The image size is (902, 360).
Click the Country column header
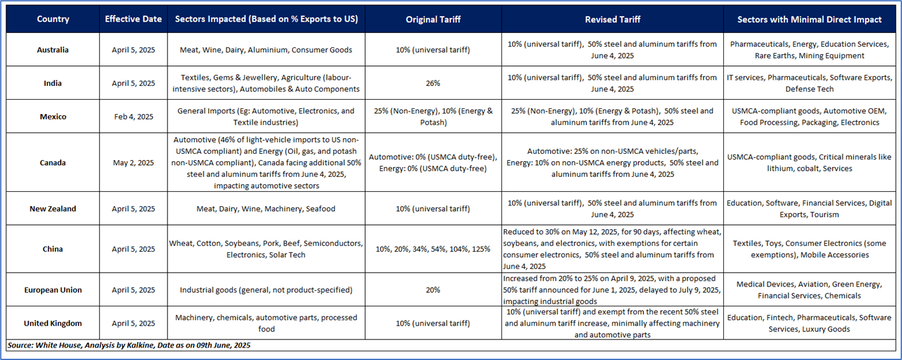click(53, 19)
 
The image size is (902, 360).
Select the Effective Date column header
click(133, 19)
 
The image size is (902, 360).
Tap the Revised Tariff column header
click(612, 19)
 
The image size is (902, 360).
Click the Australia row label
click(53, 50)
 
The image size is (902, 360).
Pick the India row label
click(53, 83)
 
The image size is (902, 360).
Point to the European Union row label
click(53, 290)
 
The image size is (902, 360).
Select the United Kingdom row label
click(53, 323)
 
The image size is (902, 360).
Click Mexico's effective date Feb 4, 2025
click(133, 116)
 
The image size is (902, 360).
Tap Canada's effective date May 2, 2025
click(133, 163)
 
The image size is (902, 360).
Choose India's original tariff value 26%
click(433, 83)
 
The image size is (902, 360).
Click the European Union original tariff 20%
click(433, 290)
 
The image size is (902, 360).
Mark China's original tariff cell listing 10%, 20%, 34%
click(433, 249)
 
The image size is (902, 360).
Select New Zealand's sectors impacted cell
click(266, 209)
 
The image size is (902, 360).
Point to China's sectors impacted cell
click(266, 249)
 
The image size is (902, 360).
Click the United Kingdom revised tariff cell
click(612, 323)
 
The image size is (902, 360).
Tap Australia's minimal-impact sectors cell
click(809, 50)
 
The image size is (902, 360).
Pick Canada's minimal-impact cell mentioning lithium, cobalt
click(809, 163)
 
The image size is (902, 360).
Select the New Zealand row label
click(53, 209)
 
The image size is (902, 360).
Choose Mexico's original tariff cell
click(433, 116)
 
